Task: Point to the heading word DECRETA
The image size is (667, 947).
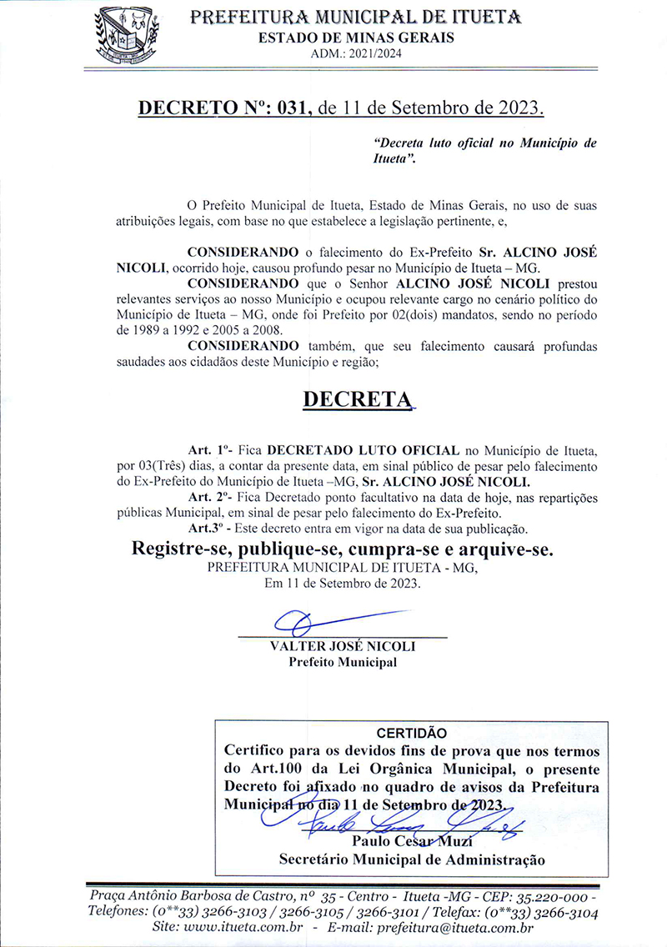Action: coord(358,399)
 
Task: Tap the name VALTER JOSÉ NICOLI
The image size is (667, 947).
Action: coord(343,647)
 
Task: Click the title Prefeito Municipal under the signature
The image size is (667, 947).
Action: coord(343,663)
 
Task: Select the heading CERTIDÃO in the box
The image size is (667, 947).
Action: coord(412,734)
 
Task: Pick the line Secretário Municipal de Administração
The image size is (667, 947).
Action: coord(412,858)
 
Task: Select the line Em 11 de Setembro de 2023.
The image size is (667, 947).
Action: coord(343,584)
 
